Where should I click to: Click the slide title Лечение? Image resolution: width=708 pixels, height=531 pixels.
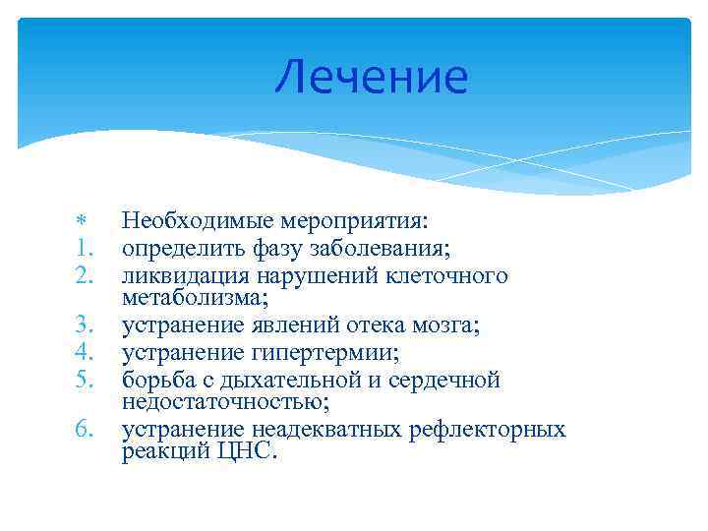click(371, 78)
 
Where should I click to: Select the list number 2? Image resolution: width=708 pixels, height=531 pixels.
click(83, 275)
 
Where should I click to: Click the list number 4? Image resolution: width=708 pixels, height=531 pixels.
click(83, 352)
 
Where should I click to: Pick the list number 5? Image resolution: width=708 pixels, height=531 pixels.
click(83, 379)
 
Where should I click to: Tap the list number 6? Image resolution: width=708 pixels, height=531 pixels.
click(83, 429)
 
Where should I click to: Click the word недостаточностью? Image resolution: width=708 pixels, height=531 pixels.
click(210, 402)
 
